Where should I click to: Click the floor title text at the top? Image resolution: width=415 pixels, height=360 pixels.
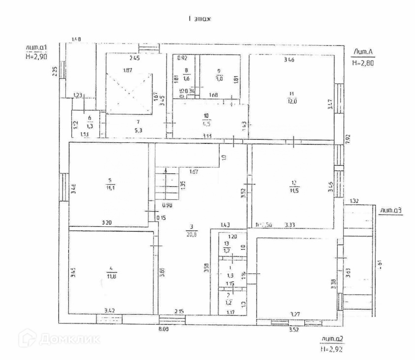(200, 18)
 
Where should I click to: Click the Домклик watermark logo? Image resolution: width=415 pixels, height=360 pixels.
(59, 338)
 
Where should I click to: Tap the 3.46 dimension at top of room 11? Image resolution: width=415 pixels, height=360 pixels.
(289, 60)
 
